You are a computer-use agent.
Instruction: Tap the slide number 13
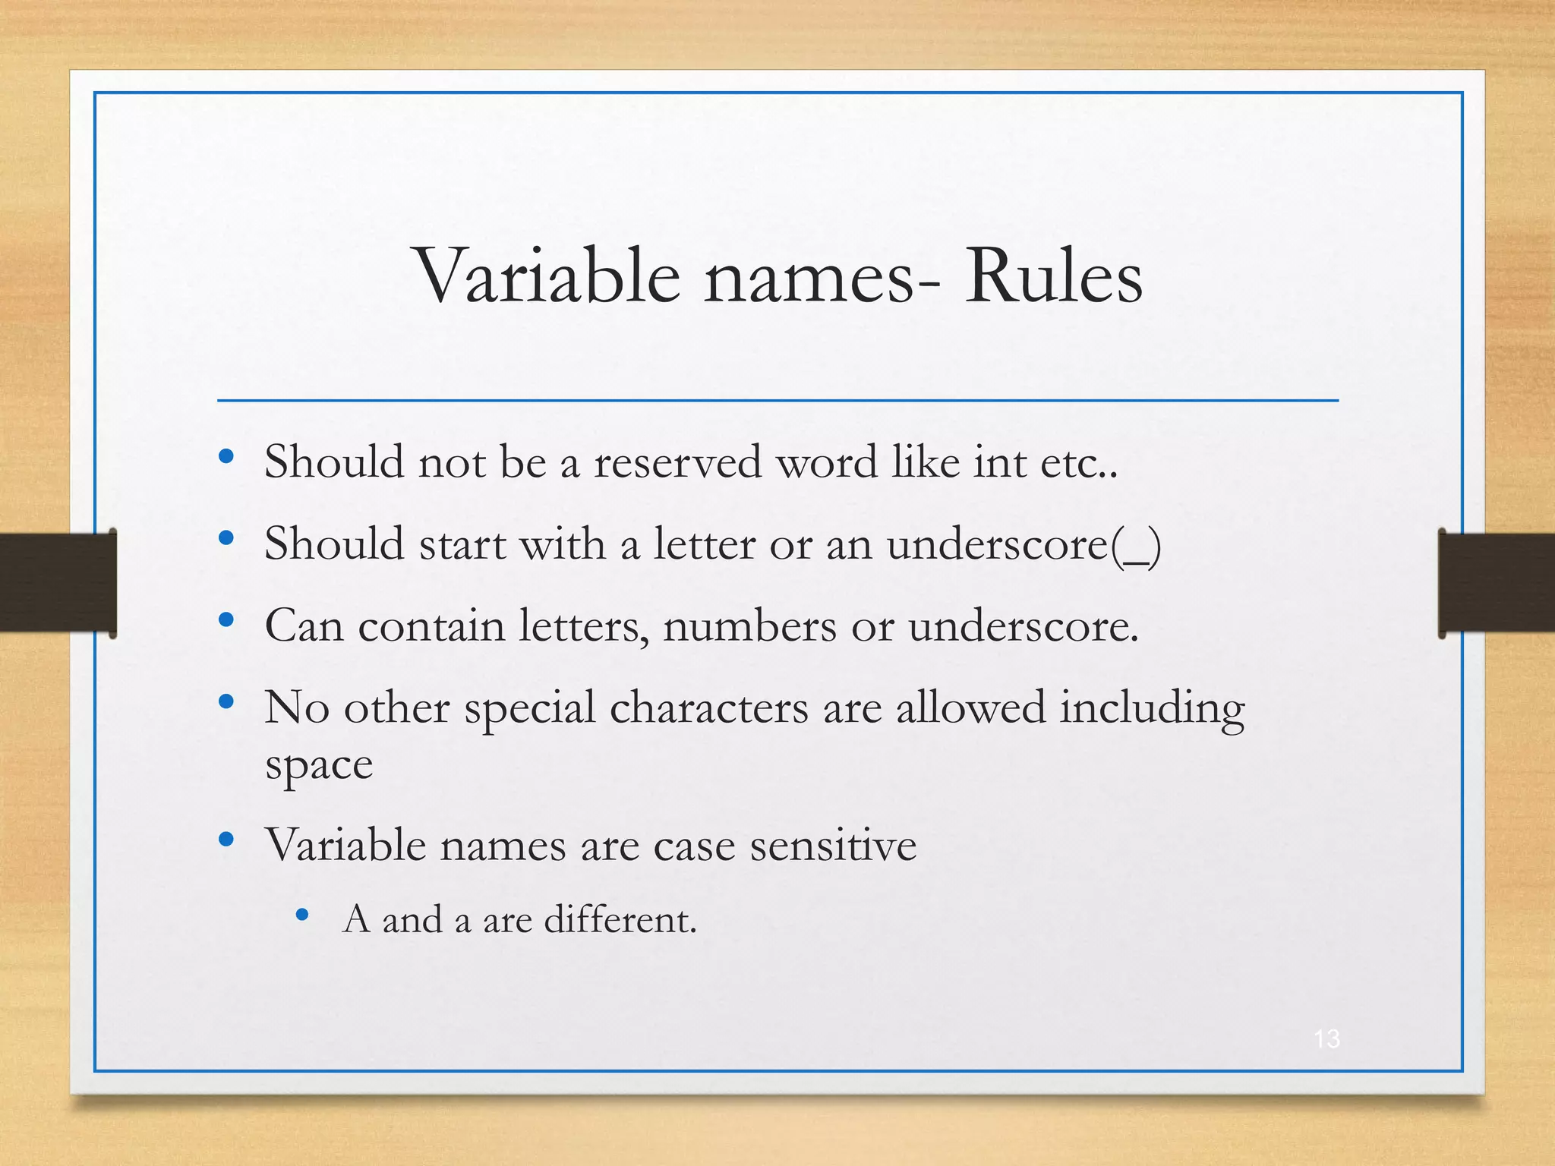click(x=1326, y=1038)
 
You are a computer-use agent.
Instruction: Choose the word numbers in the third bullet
click(x=749, y=626)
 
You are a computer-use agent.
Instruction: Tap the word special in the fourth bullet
click(x=529, y=708)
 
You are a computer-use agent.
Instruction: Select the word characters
click(x=708, y=708)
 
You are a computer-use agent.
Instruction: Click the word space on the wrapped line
click(x=319, y=766)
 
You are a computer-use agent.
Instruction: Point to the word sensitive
click(x=833, y=845)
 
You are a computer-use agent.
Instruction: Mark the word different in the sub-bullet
click(x=620, y=919)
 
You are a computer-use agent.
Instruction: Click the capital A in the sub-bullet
click(x=357, y=919)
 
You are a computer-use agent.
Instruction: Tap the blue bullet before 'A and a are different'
click(x=302, y=915)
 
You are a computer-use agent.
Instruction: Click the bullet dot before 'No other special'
click(x=226, y=702)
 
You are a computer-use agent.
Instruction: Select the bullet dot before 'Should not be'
click(x=226, y=456)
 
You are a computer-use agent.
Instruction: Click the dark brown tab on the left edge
click(x=57, y=582)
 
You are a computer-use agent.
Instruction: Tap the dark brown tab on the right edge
click(x=1496, y=582)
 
